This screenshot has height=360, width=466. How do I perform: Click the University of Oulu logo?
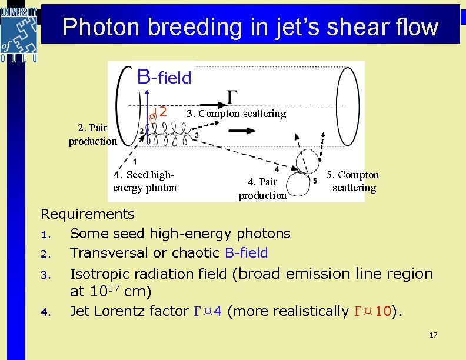tap(19, 33)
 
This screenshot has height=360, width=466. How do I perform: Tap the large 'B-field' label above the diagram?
tap(164, 76)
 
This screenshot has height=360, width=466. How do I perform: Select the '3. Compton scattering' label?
tap(236, 114)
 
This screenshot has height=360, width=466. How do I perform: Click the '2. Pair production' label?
tap(92, 134)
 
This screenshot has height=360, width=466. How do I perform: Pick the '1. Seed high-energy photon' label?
tap(145, 181)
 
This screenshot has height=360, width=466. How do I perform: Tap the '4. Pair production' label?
tap(262, 188)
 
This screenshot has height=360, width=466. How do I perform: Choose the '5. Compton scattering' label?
tap(353, 181)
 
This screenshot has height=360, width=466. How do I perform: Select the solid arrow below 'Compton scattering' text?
tap(241, 132)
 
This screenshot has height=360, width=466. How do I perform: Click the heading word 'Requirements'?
tap(87, 214)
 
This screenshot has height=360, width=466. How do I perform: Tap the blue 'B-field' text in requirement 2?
tap(246, 253)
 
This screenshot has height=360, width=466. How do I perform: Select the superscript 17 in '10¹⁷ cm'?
tap(115, 288)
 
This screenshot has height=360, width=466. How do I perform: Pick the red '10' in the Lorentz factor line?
tap(382, 311)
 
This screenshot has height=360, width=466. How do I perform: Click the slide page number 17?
tap(433, 335)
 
